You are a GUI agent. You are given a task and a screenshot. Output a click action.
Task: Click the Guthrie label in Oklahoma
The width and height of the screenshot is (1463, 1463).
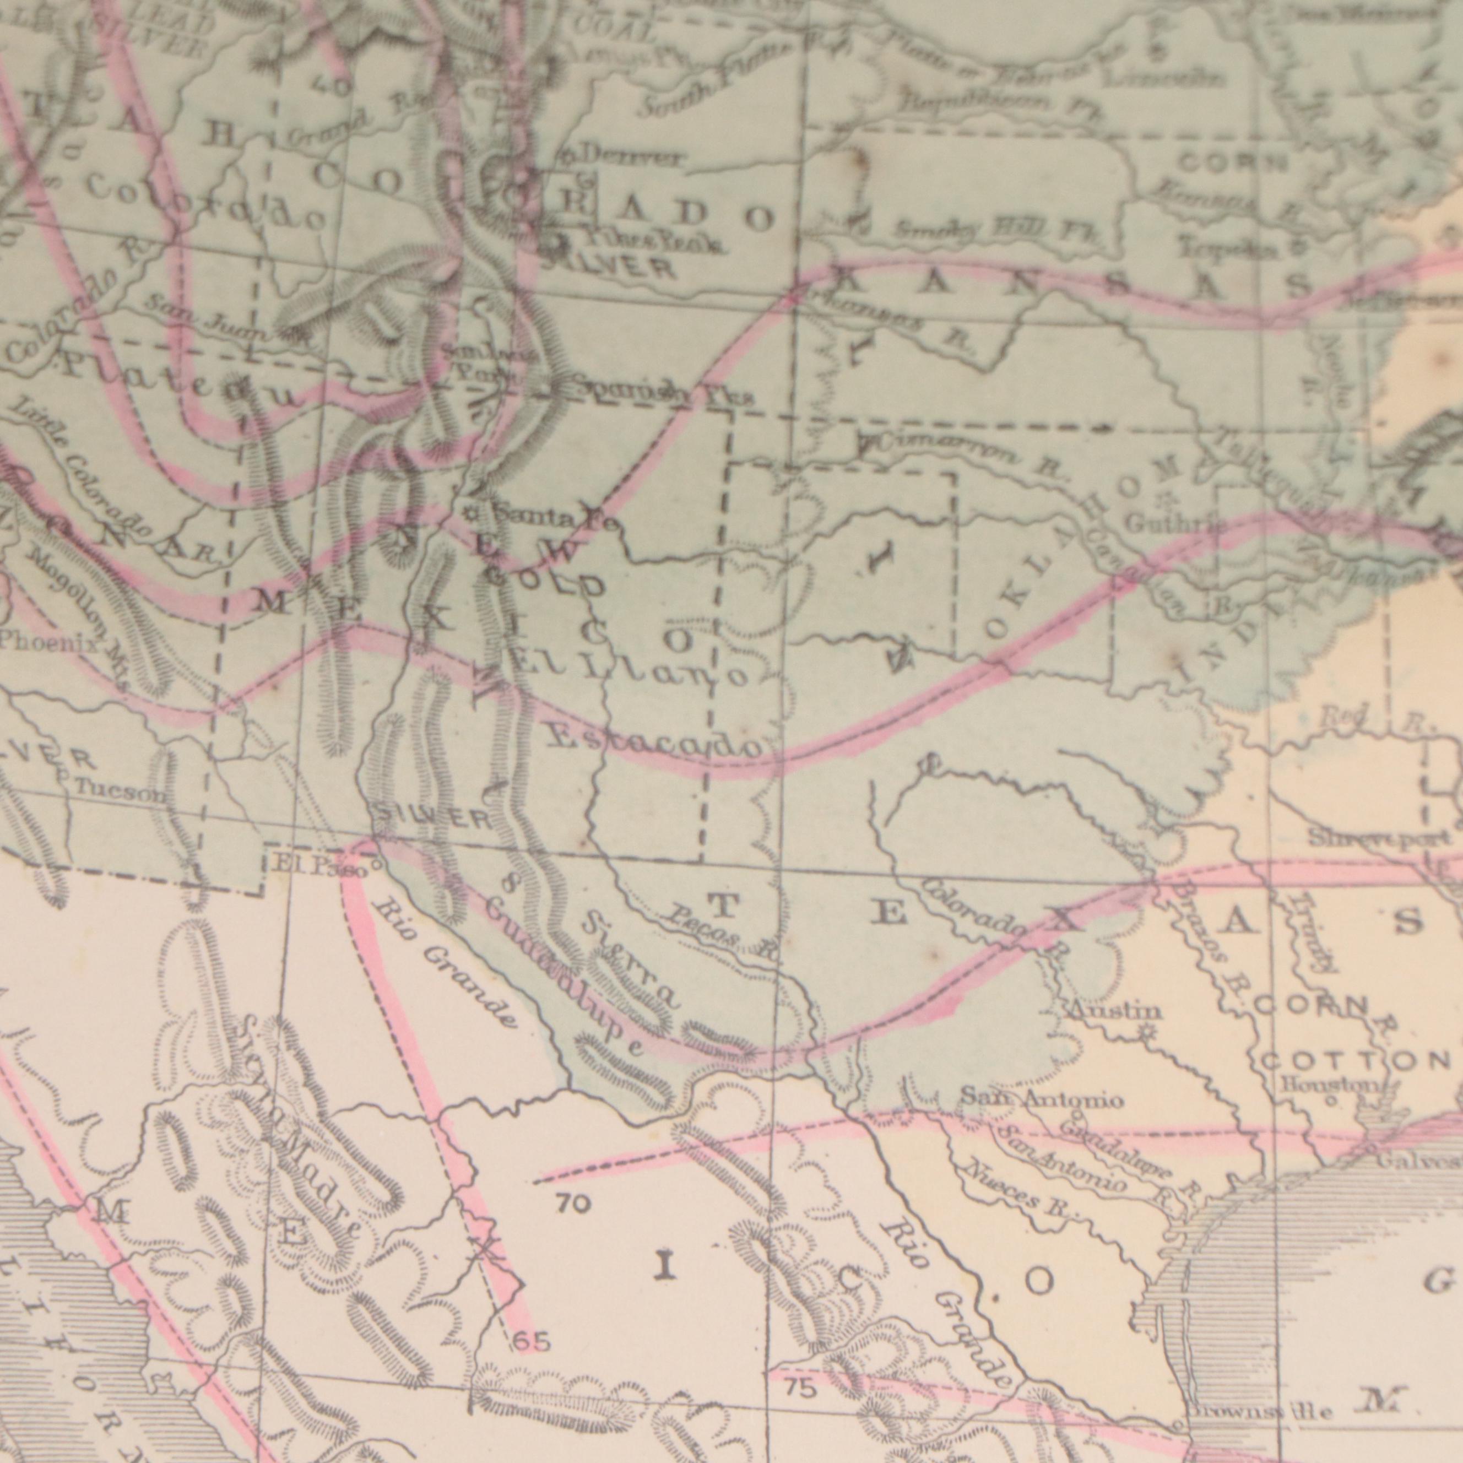pyautogui.click(x=1166, y=523)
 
